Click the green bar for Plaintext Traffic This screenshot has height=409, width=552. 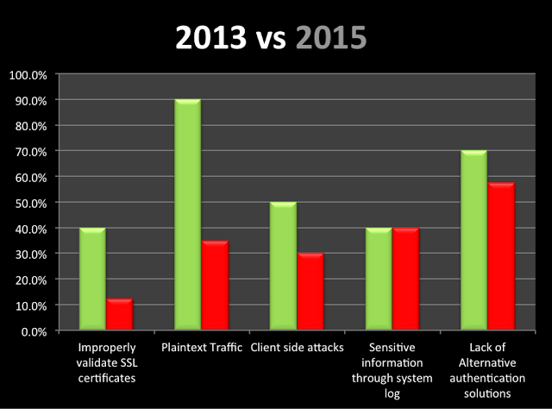[187, 216]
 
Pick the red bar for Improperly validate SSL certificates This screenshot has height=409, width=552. [119, 315]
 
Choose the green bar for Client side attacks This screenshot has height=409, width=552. [282, 267]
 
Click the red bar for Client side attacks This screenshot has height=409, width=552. [310, 293]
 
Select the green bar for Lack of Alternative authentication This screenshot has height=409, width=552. [473, 241]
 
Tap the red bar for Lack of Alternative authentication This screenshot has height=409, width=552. [500, 257]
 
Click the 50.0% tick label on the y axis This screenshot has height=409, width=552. [30, 203]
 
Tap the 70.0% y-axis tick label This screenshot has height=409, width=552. [30, 152]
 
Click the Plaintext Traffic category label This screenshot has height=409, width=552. [201, 348]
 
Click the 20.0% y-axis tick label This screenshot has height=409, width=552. [30, 280]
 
